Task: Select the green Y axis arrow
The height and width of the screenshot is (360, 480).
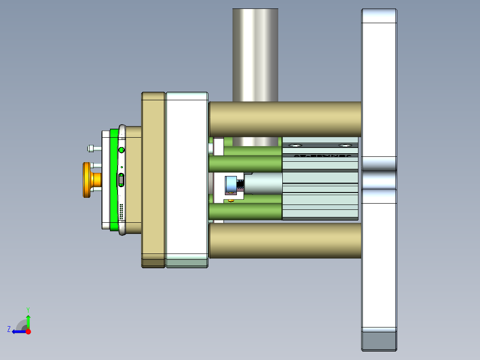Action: click(x=28, y=321)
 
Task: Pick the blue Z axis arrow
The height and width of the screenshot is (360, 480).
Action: click(x=18, y=331)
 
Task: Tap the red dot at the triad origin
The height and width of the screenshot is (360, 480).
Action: click(x=28, y=331)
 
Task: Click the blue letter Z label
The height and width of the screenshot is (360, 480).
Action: click(x=9, y=329)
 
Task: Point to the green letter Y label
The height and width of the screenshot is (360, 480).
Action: click(x=28, y=309)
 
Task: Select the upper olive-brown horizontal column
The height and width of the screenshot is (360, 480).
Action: click(x=285, y=119)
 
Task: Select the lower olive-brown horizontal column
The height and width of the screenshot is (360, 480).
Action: click(x=285, y=241)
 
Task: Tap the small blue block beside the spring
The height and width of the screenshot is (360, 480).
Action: click(x=230, y=185)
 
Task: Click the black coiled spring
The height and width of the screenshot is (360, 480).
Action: click(x=240, y=184)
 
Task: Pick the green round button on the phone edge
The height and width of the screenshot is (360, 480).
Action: click(x=122, y=150)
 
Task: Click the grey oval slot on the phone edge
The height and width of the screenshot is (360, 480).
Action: click(x=121, y=180)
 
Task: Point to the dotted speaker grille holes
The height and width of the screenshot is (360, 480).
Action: click(x=121, y=212)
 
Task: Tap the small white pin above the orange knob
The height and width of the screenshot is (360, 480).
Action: click(x=91, y=148)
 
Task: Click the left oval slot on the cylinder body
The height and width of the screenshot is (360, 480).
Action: click(x=295, y=145)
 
